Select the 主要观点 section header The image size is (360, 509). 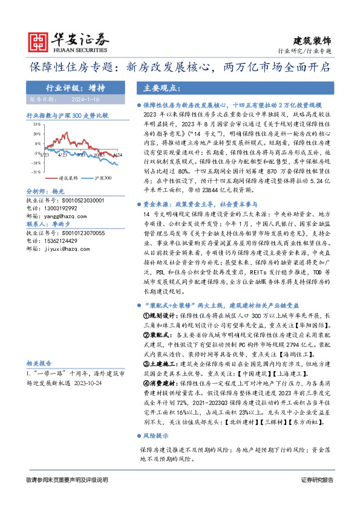pos(163,88)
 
